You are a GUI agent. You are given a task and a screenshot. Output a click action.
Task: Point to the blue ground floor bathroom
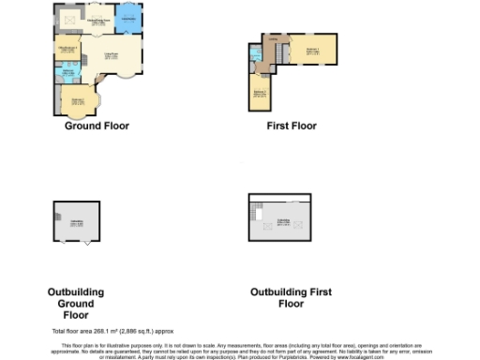(68, 72)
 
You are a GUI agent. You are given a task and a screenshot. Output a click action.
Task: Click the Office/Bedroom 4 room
(67, 49)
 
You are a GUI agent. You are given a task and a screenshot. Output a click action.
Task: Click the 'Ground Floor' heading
(97, 126)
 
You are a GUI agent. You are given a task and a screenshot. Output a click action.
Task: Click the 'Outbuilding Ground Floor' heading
(76, 298)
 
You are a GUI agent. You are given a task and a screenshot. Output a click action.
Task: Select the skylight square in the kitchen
(69, 20)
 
